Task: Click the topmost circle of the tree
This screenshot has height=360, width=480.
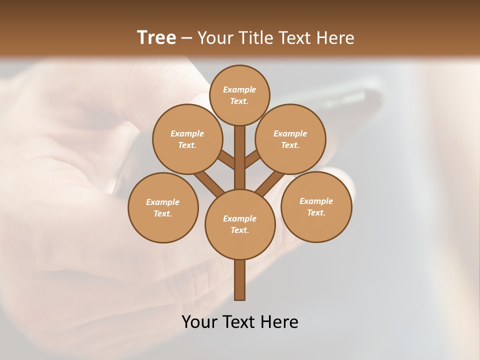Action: coord(239,95)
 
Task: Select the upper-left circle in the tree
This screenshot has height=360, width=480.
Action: coord(187,139)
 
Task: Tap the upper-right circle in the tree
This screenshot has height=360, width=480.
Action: coord(290,139)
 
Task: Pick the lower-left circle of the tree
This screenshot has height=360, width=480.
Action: coord(163,207)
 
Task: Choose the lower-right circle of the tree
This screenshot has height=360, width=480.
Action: coord(316,206)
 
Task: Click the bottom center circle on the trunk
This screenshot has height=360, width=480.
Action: coord(240,224)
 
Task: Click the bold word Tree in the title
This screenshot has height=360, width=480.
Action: coord(156,37)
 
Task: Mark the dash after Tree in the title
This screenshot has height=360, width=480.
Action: coord(186,38)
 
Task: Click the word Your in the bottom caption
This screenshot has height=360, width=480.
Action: coord(200,322)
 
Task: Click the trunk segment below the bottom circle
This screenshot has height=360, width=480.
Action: coord(240,280)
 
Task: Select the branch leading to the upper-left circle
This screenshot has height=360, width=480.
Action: coord(226,160)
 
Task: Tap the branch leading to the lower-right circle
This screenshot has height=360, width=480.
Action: coord(270,182)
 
